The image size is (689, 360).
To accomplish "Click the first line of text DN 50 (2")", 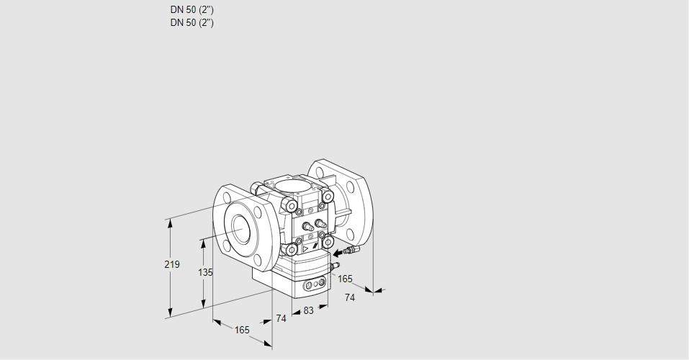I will coord(192,10).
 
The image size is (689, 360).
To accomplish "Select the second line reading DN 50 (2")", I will coord(192,22).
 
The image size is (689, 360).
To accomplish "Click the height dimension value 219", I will coord(171,265).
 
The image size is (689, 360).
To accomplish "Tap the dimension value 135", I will coord(205,272).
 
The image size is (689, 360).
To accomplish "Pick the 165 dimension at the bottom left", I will coord(242,330).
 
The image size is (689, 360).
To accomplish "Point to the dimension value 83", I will coord(308,310).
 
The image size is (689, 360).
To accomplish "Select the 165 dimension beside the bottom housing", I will coord(345,279).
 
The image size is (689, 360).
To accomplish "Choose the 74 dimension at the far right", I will coord(351,297).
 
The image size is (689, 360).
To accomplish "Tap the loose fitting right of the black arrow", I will coord(351,251).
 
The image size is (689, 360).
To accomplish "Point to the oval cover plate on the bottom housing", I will coord(315,285).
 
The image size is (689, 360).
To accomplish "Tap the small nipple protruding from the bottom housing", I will coord(333,266).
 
